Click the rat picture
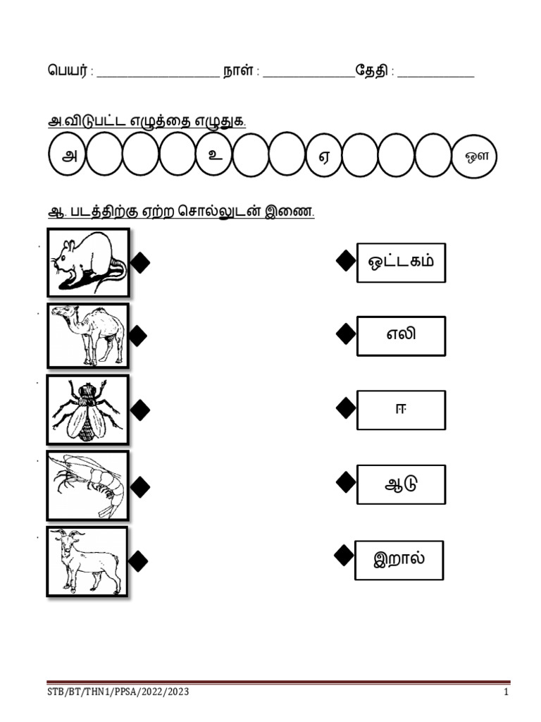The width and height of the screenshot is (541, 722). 88,262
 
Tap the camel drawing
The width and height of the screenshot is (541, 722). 88,336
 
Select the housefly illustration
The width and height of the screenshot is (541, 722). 88,410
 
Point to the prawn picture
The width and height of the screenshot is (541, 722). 88,486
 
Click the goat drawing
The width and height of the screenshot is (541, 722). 87,561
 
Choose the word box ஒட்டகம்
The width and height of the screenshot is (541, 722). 401,262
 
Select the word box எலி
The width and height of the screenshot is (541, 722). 401,336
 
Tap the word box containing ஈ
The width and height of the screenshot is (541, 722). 401,410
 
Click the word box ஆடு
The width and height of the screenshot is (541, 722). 401,484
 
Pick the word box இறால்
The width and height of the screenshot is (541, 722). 399,560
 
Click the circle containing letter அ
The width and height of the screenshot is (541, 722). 67,154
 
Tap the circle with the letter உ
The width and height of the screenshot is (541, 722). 214,154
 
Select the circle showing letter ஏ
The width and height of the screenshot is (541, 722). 324,155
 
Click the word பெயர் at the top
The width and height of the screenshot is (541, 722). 67,71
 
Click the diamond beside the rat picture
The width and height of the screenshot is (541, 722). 140,263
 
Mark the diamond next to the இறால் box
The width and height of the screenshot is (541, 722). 344,556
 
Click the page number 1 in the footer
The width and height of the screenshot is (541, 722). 506,692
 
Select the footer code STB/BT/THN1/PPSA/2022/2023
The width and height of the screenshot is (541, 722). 118,692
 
